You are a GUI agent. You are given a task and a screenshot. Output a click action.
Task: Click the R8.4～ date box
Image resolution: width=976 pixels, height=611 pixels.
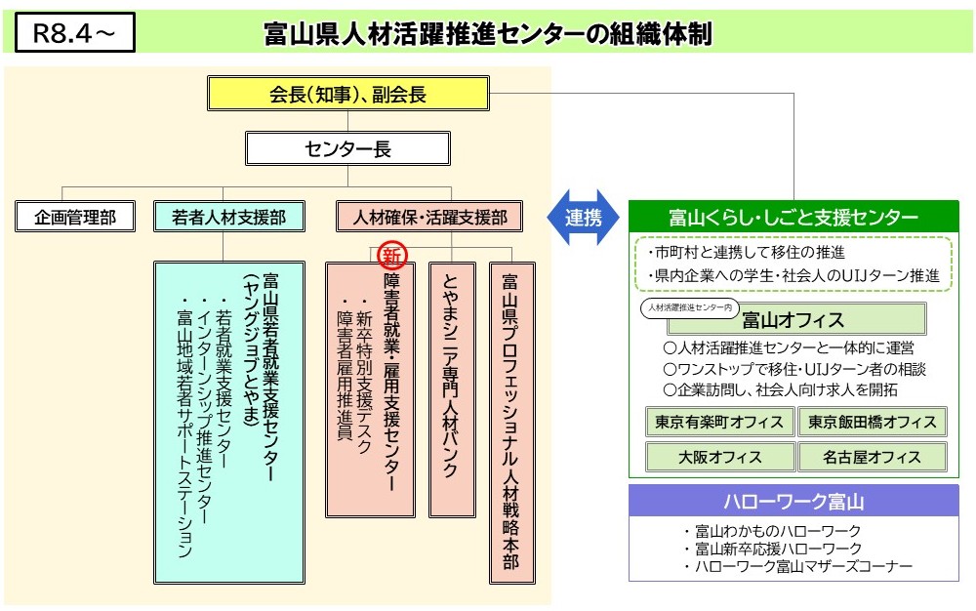click(x=75, y=32)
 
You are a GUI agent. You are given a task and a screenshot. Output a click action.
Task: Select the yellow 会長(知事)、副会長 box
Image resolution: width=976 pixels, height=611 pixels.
click(x=348, y=94)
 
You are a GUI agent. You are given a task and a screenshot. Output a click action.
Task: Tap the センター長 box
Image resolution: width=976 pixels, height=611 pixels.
click(x=348, y=148)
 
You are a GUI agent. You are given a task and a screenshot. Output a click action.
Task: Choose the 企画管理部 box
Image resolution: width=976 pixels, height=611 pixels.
click(x=75, y=217)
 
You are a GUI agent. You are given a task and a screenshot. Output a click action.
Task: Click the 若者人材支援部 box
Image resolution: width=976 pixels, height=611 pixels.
click(x=229, y=217)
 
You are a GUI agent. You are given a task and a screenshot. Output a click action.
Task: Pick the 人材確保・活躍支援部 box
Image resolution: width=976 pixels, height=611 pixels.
click(x=429, y=217)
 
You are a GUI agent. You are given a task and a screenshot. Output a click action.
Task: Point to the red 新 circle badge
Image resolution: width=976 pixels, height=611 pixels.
click(x=392, y=255)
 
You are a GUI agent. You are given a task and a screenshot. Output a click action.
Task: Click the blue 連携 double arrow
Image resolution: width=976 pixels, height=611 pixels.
click(x=584, y=217)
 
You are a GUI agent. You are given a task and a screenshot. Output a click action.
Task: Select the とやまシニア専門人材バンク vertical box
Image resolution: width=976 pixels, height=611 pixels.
click(x=452, y=390)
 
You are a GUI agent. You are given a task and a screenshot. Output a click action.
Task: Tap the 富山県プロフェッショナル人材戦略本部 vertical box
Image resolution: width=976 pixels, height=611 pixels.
click(x=511, y=423)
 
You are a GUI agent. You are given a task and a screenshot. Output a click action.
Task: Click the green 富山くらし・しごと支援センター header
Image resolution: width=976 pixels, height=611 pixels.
click(x=793, y=217)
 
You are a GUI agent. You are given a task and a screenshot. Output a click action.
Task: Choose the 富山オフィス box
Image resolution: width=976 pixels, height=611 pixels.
click(x=796, y=320)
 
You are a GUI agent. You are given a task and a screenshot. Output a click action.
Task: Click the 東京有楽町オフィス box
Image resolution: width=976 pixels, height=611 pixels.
click(x=719, y=422)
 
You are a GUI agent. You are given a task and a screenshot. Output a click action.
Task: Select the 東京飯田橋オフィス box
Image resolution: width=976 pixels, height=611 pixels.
click(x=872, y=422)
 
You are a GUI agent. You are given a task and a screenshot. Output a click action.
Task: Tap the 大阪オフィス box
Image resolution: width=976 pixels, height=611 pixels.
click(x=719, y=458)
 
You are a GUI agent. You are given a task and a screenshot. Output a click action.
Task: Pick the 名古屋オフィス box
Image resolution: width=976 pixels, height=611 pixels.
click(x=872, y=458)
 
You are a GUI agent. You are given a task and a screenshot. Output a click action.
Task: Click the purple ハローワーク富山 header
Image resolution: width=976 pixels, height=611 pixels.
click(x=793, y=501)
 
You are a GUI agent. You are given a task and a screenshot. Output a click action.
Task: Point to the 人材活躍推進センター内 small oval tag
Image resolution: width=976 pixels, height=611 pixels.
click(x=690, y=307)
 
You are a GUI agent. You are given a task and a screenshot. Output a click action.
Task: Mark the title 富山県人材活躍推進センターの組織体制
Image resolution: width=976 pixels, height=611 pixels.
click(x=488, y=33)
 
